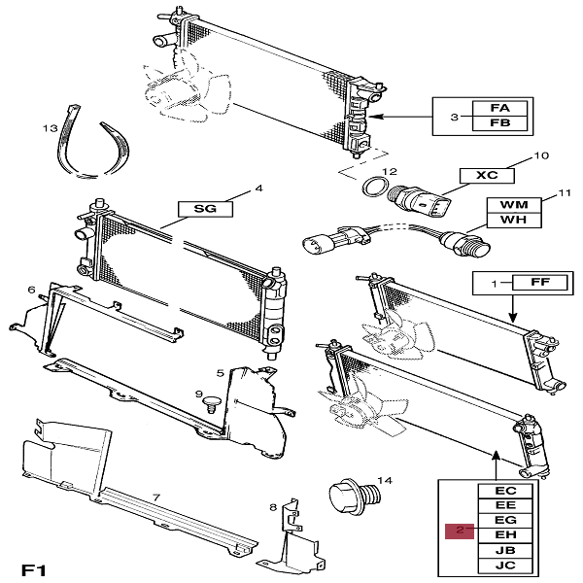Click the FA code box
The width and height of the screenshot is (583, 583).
(x=499, y=108)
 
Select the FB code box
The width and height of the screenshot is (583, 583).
(x=499, y=123)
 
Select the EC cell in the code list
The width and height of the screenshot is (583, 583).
(x=505, y=492)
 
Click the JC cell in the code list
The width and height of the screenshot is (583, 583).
(x=505, y=564)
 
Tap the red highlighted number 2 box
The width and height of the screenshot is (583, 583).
(x=460, y=531)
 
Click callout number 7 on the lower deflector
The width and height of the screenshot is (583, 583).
(x=154, y=497)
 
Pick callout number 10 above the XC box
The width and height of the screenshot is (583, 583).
(x=542, y=154)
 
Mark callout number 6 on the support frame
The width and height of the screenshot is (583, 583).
(x=32, y=290)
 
